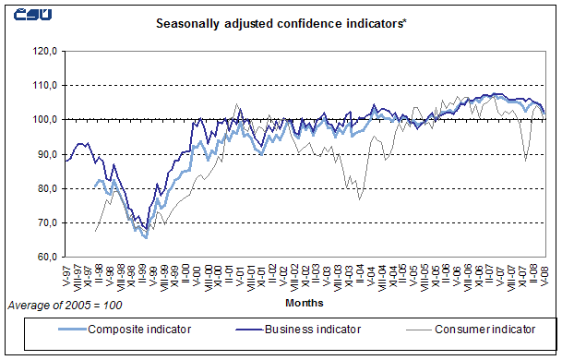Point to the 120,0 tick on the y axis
tap(44, 51)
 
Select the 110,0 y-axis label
tap(44, 85)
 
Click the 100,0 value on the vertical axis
tap(44, 119)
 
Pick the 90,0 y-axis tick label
tap(46, 154)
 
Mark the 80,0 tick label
tap(46, 188)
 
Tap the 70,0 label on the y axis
tap(46, 222)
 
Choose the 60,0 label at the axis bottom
tap(46, 257)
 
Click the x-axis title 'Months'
tap(305, 302)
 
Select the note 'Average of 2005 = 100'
tap(64, 304)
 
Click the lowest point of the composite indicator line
tap(146, 237)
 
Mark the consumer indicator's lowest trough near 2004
tap(359, 199)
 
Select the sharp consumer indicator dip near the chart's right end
tap(526, 160)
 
